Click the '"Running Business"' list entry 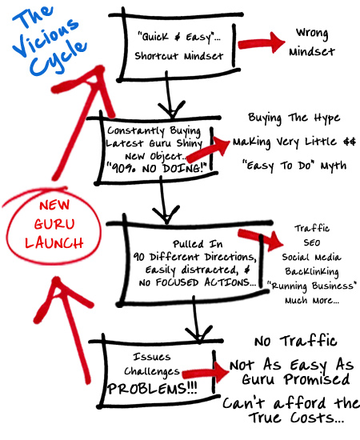coord(314,286)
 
